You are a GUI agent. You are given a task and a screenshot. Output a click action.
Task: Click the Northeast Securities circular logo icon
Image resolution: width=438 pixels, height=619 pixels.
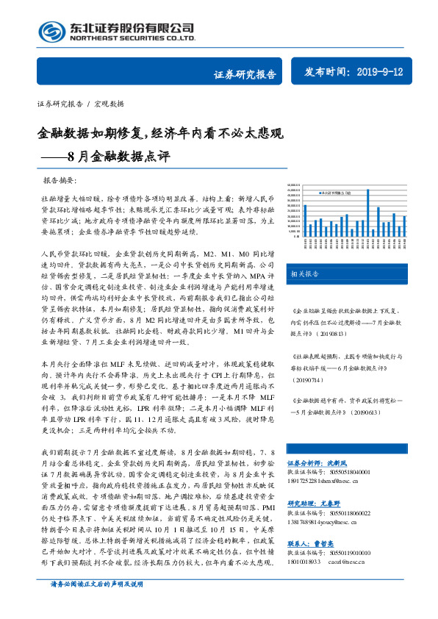pos(51,31)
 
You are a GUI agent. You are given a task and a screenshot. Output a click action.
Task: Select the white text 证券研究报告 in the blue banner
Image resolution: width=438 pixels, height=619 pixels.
pos(245,74)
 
